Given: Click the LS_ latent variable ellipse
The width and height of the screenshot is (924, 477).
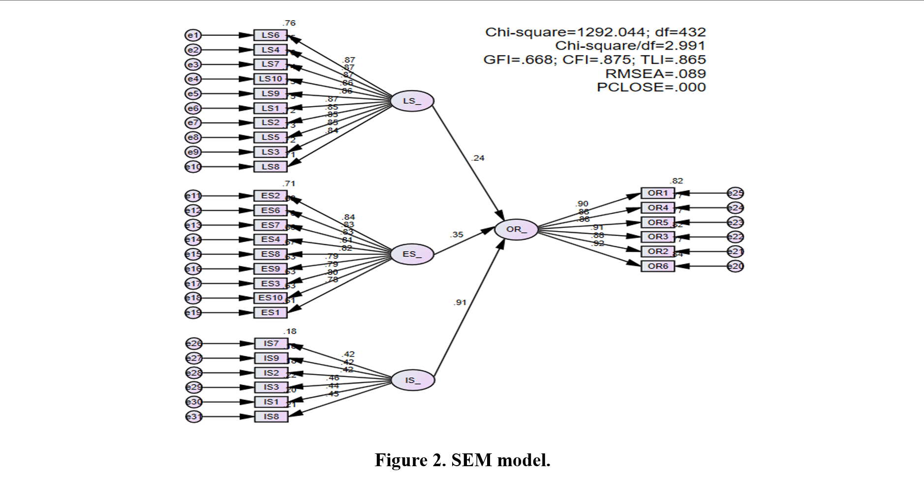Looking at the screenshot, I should pyautogui.click(x=412, y=101).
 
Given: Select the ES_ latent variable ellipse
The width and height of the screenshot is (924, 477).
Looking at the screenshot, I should pyautogui.click(x=412, y=254).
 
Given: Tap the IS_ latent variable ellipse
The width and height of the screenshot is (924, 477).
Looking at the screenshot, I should pyautogui.click(x=413, y=381).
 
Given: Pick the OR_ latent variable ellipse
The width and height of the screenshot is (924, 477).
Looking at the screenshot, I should pyautogui.click(x=516, y=229).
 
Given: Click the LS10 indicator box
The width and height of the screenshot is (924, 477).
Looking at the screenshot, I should pyautogui.click(x=270, y=79).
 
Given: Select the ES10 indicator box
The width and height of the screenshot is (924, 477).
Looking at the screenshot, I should pyautogui.click(x=270, y=298).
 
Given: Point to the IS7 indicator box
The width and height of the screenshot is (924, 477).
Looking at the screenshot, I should pyautogui.click(x=271, y=343).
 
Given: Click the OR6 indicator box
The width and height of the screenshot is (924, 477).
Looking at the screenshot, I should pyautogui.click(x=657, y=266).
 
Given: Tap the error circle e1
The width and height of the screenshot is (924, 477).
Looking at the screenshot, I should pyautogui.click(x=193, y=35).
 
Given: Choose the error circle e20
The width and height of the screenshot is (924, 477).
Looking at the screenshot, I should pyautogui.click(x=735, y=266).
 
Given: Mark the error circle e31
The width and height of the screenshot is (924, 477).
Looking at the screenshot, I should pyautogui.click(x=194, y=417).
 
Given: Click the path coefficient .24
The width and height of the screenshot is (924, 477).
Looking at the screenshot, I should pyautogui.click(x=477, y=158).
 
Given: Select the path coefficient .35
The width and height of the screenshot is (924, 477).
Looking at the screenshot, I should pyautogui.click(x=456, y=235).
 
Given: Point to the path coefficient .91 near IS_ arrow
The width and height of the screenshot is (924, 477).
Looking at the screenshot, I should pyautogui.click(x=460, y=302).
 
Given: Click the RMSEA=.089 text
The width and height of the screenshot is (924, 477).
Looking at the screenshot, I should pyautogui.click(x=655, y=74).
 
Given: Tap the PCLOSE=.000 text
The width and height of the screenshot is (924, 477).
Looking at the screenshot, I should pyautogui.click(x=651, y=87).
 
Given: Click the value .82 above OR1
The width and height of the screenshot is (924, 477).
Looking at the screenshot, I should pyautogui.click(x=677, y=181).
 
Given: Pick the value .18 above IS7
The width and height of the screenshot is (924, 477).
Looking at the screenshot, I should pyautogui.click(x=290, y=331).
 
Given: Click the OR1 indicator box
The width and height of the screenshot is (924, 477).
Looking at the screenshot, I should pyautogui.click(x=657, y=193).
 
